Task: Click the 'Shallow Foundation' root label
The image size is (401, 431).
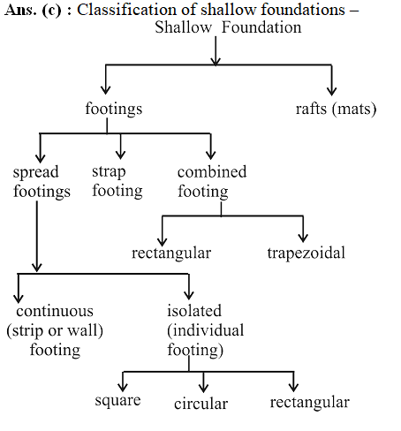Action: tap(228, 27)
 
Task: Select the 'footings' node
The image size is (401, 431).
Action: tap(114, 109)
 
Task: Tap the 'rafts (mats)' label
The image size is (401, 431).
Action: tap(336, 109)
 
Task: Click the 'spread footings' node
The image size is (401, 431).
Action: tap(42, 182)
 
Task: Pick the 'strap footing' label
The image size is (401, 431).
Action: tap(117, 181)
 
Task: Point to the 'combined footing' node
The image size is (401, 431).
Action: tap(212, 182)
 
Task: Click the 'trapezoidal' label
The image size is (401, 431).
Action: tap(306, 253)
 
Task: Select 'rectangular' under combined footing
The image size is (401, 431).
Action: tap(171, 253)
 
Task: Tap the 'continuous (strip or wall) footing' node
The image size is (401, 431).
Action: tap(55, 330)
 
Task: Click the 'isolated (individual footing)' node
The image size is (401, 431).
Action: tap(206, 330)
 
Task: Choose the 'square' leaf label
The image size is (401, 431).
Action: tap(117, 401)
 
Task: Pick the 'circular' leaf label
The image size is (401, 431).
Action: tap(201, 404)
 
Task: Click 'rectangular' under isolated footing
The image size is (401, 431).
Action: tap(310, 403)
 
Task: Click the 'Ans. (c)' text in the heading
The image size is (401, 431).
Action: tap(34, 11)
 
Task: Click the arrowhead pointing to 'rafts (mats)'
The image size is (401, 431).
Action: tap(332, 91)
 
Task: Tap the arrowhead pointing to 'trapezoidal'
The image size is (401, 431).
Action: tap(303, 238)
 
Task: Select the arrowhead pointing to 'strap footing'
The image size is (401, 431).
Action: tap(120, 155)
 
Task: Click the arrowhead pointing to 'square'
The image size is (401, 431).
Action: tap(123, 387)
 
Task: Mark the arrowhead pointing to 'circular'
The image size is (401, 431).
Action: tap(203, 388)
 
